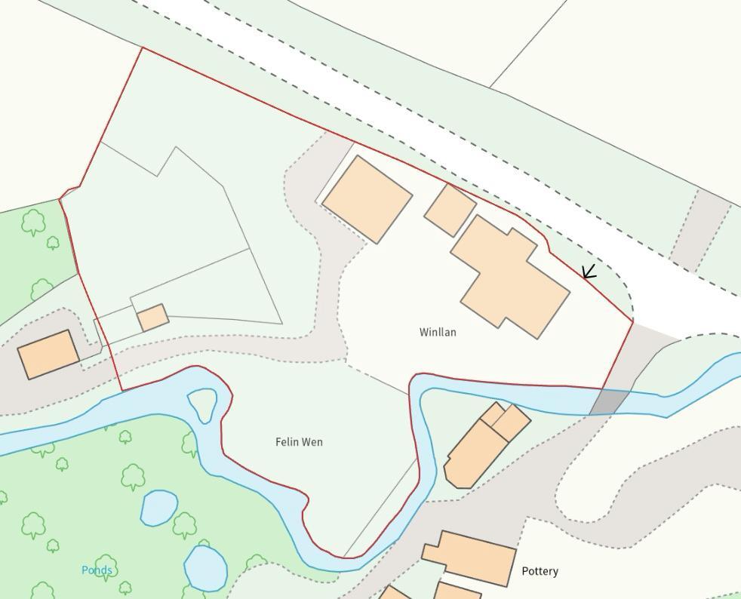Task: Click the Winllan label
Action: click(438, 332)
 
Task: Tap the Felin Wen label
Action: click(299, 442)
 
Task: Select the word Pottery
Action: click(540, 571)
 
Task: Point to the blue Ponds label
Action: click(97, 570)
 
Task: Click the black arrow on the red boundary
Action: click(589, 272)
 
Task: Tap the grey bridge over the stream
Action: click(609, 402)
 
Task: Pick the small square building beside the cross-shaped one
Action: click(450, 210)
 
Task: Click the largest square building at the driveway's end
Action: click(367, 199)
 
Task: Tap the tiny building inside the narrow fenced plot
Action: click(153, 318)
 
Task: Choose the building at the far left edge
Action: click(48, 354)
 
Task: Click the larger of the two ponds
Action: click(205, 567)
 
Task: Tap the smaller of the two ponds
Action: click(158, 508)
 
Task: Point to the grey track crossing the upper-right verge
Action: click(699, 230)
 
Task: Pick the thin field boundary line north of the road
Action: click(528, 43)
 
